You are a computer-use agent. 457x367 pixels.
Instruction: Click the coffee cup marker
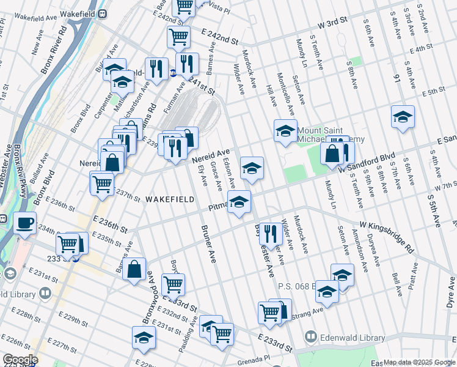tap(25, 224)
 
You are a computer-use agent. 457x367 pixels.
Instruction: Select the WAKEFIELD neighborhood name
tap(170, 199)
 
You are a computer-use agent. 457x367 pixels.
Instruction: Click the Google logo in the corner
tap(21, 360)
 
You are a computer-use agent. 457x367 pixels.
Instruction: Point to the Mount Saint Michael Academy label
tap(330, 135)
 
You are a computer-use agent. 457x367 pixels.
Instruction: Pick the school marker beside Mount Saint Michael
tap(285, 130)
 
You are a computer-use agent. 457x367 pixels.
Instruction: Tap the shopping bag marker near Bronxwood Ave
tap(134, 269)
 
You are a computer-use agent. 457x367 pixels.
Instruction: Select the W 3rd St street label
tap(333, 23)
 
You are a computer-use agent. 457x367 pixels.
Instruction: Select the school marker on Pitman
tap(239, 201)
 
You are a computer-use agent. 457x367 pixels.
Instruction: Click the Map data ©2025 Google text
tap(419, 362)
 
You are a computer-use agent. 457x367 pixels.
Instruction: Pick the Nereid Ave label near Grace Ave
tap(211, 155)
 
